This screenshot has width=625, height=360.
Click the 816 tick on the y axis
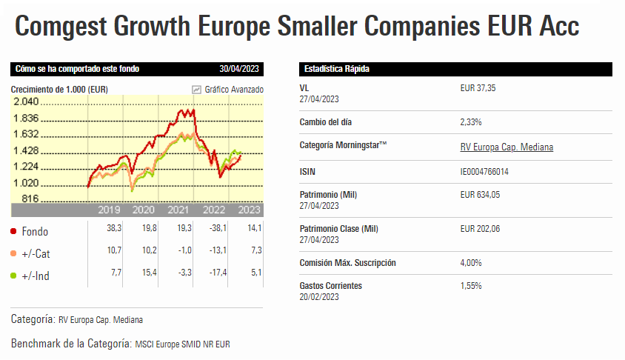(x=30, y=199)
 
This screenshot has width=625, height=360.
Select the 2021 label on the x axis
(x=178, y=210)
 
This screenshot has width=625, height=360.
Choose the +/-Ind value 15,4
(x=149, y=274)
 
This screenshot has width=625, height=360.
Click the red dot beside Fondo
(x=14, y=231)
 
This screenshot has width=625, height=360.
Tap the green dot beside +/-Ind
(x=14, y=276)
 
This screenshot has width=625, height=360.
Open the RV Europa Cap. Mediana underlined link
(x=506, y=147)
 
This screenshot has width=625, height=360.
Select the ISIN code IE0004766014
(x=484, y=172)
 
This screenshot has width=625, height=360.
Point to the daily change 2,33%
(x=471, y=121)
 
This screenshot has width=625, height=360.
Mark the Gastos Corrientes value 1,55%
(x=471, y=285)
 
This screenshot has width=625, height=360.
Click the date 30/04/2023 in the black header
(x=239, y=69)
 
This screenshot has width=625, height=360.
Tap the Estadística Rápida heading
(x=337, y=69)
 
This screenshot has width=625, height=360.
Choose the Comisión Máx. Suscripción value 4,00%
(x=471, y=263)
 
